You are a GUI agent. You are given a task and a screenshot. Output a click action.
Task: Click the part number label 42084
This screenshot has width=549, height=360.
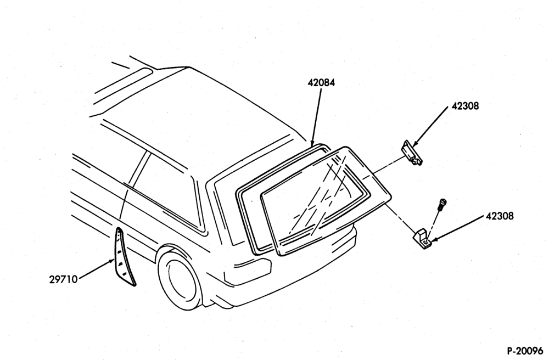coord(321,83)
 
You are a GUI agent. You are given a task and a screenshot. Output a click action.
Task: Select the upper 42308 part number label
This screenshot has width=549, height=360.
coord(464,106)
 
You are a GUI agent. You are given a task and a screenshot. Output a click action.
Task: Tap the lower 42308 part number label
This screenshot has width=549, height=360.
coord(500,216)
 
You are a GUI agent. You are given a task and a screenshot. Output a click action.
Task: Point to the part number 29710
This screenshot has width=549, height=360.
coord(63,279)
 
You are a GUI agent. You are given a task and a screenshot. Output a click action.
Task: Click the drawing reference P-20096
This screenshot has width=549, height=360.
coord(525,351)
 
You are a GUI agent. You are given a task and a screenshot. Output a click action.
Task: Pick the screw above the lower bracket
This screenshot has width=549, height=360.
coord(442,204)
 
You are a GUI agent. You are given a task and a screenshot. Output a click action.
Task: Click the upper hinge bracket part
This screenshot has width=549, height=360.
coord(412,153)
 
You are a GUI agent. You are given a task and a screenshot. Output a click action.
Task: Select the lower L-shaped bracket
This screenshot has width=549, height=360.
coord(422,239)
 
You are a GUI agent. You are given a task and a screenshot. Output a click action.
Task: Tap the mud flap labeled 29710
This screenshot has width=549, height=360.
coord(124,257)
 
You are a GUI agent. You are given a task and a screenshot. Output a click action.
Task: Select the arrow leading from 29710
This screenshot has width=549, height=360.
coord(96,269)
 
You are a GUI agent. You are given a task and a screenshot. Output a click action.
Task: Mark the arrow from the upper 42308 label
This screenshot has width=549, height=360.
coord(430,127)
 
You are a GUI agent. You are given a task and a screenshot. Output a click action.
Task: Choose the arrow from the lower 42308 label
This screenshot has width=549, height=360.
coord(456,228)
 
